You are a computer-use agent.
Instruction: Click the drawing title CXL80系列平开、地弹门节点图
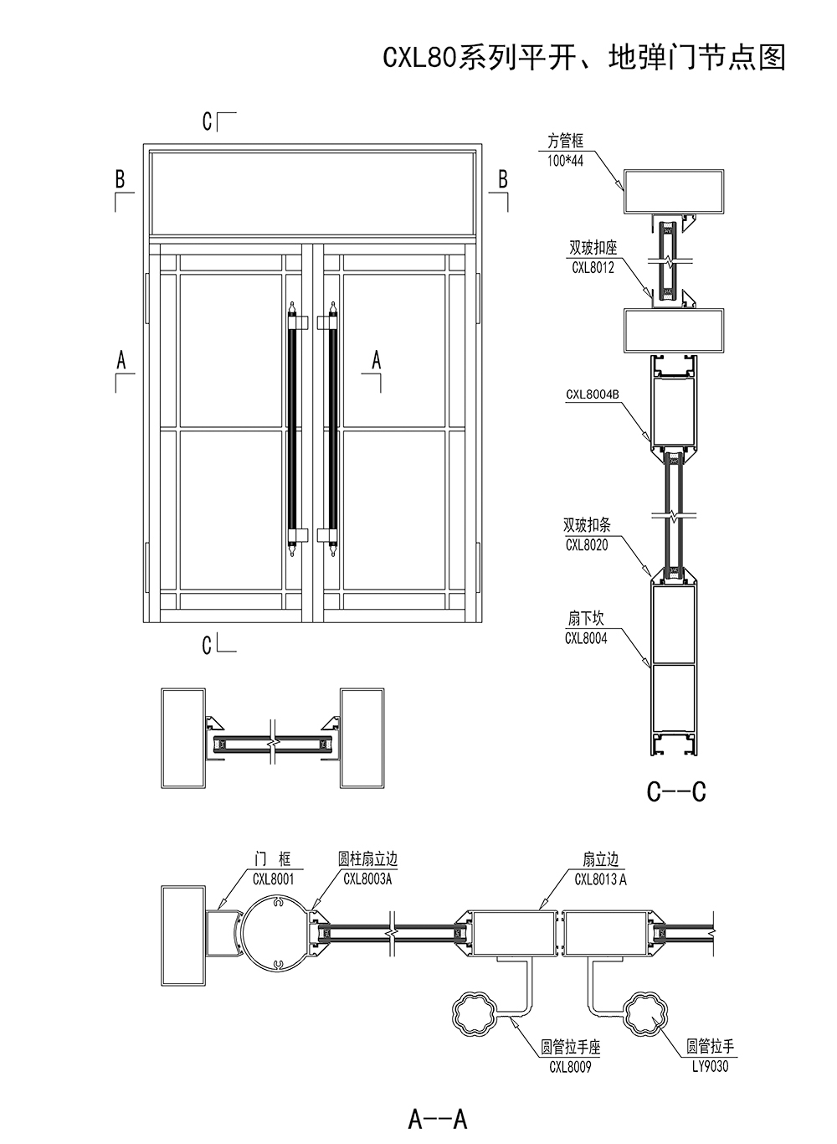click(583, 56)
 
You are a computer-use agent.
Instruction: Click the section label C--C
click(676, 791)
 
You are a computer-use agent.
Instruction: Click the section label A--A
click(437, 1117)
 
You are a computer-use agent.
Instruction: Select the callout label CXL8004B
click(592, 394)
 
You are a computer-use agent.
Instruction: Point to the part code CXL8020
click(586, 545)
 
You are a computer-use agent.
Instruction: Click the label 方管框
click(565, 142)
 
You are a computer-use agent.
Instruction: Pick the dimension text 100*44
click(565, 160)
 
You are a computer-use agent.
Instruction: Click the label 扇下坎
click(586, 619)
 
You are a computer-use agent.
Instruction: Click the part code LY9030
click(710, 1066)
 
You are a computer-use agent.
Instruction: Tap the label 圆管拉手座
click(571, 1048)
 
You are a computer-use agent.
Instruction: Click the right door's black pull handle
click(333, 429)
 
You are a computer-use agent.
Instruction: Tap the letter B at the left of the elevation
click(120, 178)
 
